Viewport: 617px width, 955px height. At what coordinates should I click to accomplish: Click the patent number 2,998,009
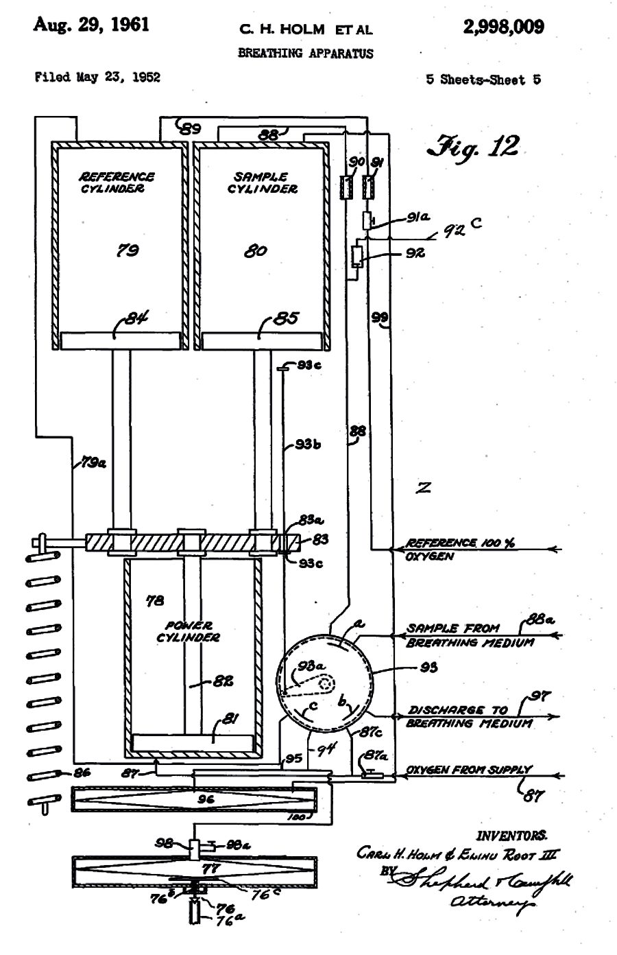pyautogui.click(x=503, y=27)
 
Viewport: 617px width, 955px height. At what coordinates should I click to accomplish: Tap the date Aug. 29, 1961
pyautogui.click(x=91, y=25)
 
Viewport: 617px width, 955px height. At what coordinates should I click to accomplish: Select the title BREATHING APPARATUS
pyautogui.click(x=305, y=53)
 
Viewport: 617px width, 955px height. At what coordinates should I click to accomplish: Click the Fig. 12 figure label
pyautogui.click(x=473, y=146)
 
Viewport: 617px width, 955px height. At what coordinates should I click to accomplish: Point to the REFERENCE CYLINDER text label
pyautogui.click(x=117, y=182)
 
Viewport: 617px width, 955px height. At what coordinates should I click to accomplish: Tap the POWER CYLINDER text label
pyautogui.click(x=188, y=631)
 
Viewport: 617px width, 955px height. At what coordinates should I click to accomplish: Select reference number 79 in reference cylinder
pyautogui.click(x=127, y=250)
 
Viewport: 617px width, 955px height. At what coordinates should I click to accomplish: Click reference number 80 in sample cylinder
pyautogui.click(x=255, y=251)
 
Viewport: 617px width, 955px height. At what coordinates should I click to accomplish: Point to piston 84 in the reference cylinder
pyautogui.click(x=121, y=340)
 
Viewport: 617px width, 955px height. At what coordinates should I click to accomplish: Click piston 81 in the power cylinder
pyautogui.click(x=192, y=742)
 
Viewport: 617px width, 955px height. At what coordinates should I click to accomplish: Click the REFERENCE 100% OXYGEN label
pyautogui.click(x=460, y=550)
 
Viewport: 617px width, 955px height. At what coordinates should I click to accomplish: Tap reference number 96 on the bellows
pyautogui.click(x=206, y=799)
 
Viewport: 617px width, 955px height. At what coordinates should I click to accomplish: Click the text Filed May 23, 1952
pyautogui.click(x=97, y=77)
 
